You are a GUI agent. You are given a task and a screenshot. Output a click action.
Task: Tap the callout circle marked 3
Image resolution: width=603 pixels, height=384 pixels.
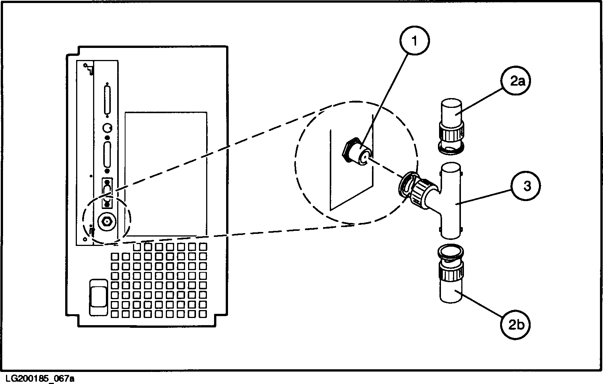[x=526, y=186]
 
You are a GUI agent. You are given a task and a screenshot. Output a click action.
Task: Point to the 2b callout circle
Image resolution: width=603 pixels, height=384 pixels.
[x=516, y=324]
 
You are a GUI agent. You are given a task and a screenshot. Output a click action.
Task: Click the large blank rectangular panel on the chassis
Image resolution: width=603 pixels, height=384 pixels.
[x=166, y=174]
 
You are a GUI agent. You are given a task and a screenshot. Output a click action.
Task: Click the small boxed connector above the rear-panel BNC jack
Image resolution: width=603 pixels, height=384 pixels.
[x=107, y=193]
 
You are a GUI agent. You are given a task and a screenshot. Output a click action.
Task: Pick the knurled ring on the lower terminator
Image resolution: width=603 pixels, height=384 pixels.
[x=451, y=271]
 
